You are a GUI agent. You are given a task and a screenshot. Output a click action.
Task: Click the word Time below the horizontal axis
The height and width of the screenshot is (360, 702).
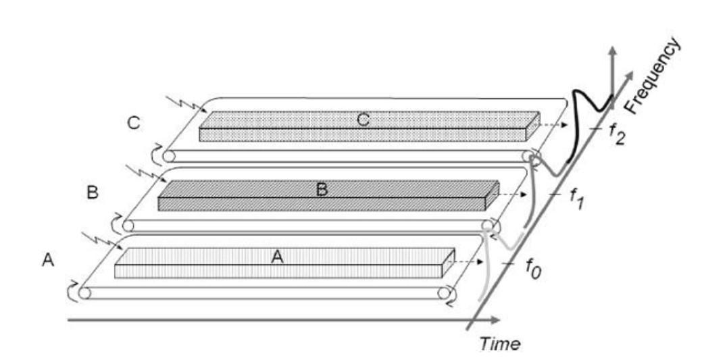click(501, 343)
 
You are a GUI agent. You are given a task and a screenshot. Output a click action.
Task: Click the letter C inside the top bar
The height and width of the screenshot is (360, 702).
click(363, 120)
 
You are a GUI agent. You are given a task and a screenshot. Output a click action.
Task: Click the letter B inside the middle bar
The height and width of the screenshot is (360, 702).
click(322, 190)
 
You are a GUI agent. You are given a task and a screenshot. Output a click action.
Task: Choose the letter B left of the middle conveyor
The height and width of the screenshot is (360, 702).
click(93, 192)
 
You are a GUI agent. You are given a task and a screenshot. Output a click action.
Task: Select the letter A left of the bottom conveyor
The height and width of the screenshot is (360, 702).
click(47, 259)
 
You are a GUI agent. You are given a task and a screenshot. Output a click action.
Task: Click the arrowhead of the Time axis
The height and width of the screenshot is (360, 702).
click(496, 319)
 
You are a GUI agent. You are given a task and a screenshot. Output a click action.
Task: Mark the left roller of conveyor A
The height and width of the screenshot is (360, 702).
click(84, 293)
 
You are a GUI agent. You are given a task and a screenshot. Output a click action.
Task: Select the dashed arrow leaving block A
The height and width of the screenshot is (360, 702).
click(466, 261)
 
